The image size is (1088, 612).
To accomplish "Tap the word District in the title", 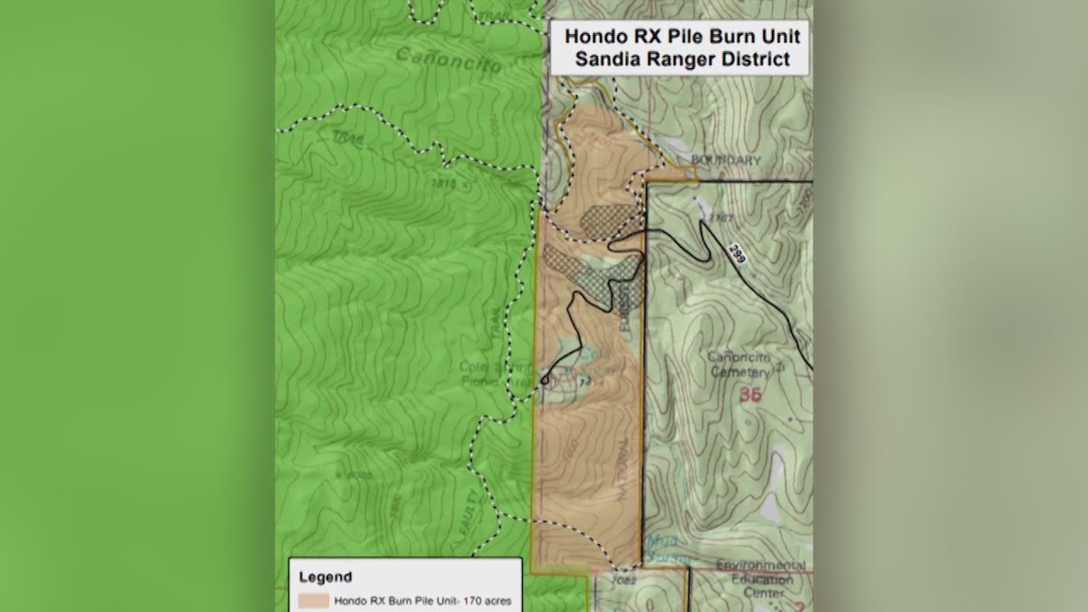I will coord(754,59).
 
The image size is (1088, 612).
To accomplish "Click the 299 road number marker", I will coord(737,252).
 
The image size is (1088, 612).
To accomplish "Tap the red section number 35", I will coord(750,395).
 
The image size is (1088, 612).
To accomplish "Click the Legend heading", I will coord(325,577).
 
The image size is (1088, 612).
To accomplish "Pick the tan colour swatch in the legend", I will coord(314,600).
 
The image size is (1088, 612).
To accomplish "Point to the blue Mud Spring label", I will coord(660,548).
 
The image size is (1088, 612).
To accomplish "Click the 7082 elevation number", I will coord(623,581).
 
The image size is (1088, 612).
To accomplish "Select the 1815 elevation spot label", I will coord(443,183).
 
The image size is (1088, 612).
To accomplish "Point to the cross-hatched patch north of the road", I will coord(608,218).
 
